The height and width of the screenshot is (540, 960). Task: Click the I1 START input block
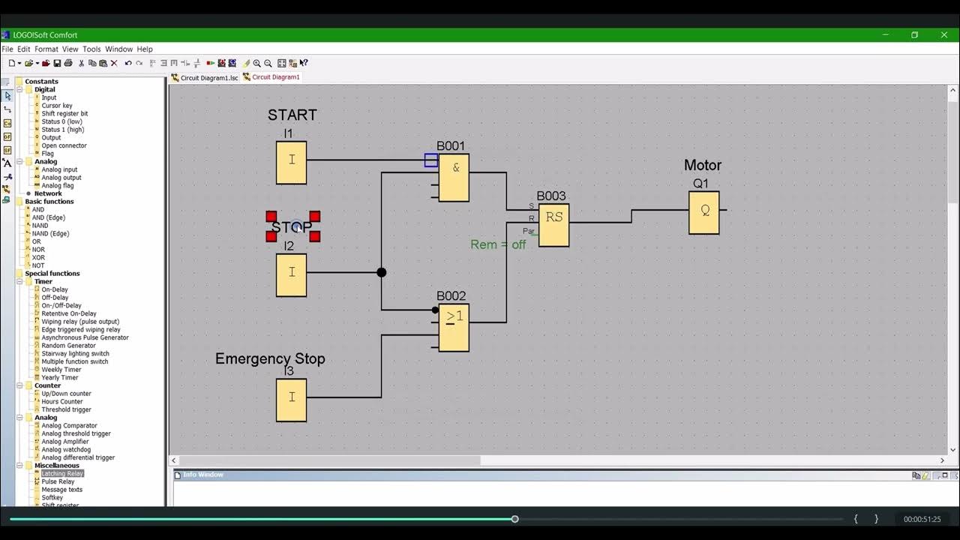coord(291,163)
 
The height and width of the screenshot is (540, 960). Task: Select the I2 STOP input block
coord(291,275)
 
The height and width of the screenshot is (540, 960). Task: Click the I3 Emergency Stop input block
coord(291,400)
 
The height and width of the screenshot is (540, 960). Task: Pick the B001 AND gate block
coord(454,178)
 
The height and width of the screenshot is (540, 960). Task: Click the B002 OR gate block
coord(454,328)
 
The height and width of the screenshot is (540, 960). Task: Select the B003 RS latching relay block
coord(553,225)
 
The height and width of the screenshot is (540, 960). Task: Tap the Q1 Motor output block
coord(703,212)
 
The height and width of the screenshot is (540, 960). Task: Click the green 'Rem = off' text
coord(498,244)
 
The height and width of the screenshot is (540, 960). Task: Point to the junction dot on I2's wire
coord(382,272)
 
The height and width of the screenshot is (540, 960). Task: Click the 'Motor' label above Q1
coord(702,165)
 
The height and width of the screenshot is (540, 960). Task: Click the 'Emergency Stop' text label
coord(270,358)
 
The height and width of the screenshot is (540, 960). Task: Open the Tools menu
coord(91,49)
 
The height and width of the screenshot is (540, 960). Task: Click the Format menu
coord(46,49)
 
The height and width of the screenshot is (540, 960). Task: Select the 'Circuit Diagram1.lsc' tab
coord(208,77)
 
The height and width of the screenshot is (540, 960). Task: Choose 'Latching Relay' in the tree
coord(62,473)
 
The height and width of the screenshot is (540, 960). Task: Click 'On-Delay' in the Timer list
coord(55,289)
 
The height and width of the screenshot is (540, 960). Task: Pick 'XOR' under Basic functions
coord(38,257)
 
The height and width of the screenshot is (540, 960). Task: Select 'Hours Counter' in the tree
coord(62,401)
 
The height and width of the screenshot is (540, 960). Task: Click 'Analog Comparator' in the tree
coord(69,425)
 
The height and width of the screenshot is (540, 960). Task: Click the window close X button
coord(944,34)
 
